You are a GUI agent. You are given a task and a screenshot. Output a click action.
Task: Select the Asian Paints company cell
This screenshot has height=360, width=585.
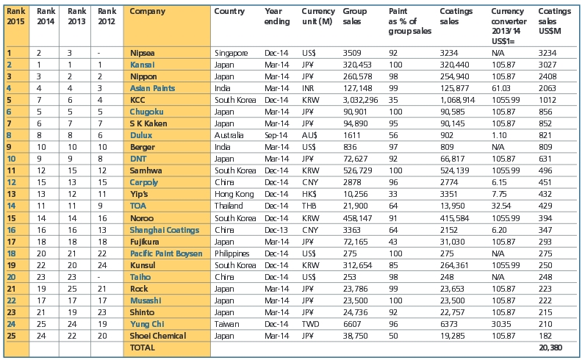tap(153, 88)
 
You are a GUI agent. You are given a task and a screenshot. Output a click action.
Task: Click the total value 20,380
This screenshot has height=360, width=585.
tap(553, 347)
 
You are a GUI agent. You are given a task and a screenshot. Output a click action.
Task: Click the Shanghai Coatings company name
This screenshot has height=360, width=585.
tap(163, 228)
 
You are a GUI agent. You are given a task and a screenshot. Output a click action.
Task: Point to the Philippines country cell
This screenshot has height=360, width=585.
tap(233, 252)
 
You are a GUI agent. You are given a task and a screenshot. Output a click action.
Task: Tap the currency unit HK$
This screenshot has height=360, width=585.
tap(310, 193)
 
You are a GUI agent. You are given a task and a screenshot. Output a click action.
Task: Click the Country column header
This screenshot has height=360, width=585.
tap(229, 12)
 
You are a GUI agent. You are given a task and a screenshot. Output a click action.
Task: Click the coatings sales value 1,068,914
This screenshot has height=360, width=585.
tap(459, 99)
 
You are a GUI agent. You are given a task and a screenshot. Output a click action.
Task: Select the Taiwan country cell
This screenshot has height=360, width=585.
tap(226, 323)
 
